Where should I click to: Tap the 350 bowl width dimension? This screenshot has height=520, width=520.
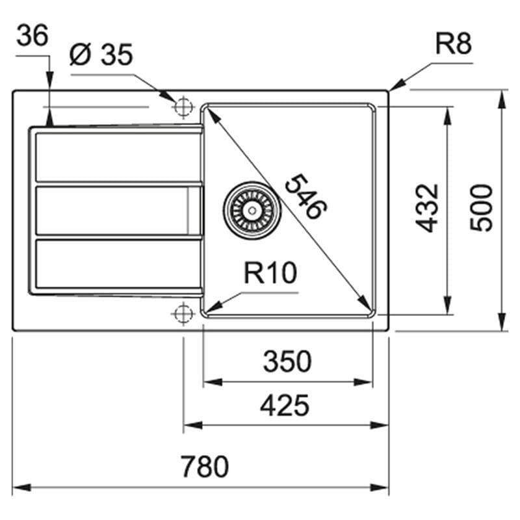coord(287,361)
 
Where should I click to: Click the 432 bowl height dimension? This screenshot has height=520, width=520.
coord(427,207)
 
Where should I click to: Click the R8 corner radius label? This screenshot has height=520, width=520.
coord(453,45)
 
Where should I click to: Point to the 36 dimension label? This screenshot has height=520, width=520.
coord(32,36)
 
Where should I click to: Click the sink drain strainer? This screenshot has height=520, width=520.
coord(252,210)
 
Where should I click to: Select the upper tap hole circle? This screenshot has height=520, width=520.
coord(183,106)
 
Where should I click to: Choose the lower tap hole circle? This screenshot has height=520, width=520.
coord(183,313)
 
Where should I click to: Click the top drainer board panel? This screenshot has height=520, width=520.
coord(118,157)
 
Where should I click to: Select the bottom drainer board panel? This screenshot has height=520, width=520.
coord(118,264)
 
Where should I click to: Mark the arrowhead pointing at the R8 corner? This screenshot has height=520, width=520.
coord(396,85)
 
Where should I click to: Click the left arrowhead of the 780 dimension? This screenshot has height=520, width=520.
coord(18,486)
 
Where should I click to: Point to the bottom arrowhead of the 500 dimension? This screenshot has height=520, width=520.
coord(502,326)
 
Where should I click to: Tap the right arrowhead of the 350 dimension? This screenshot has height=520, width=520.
coord(367,382)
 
